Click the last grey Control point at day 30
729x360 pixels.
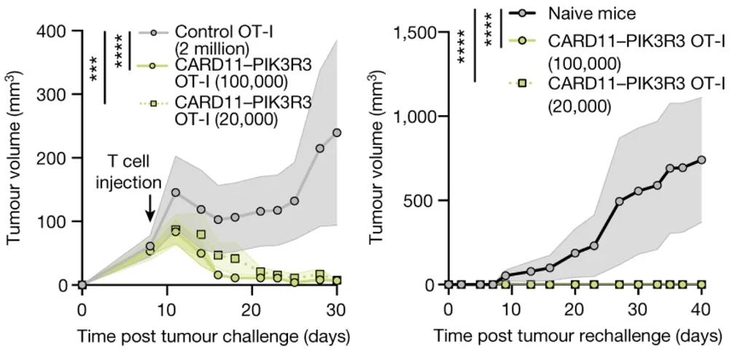[x=337, y=133]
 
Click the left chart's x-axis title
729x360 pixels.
[x=205, y=336]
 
